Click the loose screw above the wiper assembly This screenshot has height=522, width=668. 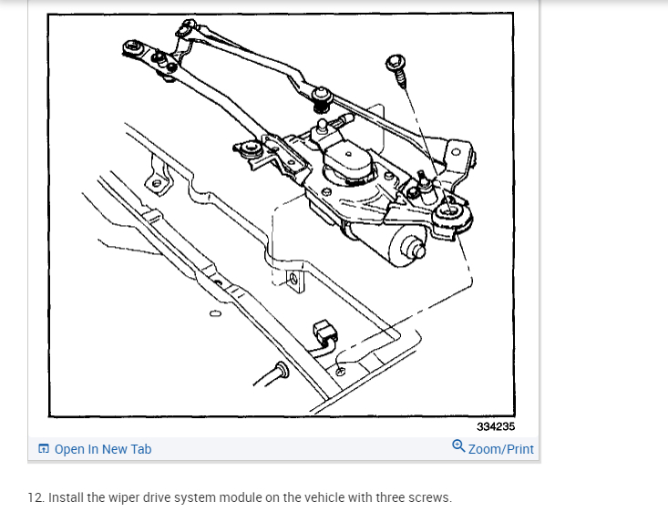[x=397, y=67]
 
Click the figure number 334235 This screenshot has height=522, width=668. [x=495, y=426]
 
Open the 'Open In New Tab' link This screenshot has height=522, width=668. [x=103, y=449]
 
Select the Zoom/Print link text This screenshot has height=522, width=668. [x=501, y=449]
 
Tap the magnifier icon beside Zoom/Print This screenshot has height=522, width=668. [x=458, y=446]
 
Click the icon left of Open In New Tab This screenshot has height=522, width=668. [x=44, y=449]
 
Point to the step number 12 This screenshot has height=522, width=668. [x=36, y=497]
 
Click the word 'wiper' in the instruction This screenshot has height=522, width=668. [x=123, y=497]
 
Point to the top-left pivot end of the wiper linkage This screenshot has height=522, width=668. [x=133, y=47]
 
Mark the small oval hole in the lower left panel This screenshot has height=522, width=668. [x=215, y=314]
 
